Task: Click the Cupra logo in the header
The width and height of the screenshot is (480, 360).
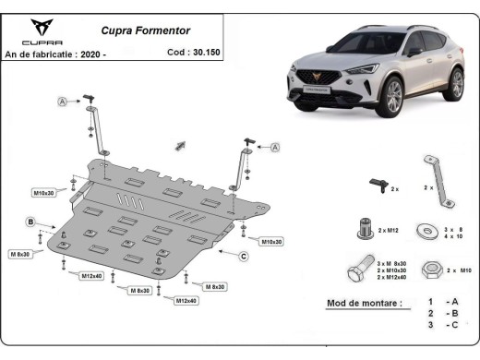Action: pos(42,30)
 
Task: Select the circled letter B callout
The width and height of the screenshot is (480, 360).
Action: pos(30,222)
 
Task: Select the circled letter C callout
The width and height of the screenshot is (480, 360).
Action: pos(244,256)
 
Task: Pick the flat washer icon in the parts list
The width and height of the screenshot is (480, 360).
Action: pos(427,227)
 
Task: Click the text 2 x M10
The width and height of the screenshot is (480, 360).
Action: pos(458,270)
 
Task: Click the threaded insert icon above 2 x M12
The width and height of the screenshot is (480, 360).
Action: pos(365,226)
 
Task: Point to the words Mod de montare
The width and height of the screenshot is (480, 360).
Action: pos(365,303)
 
